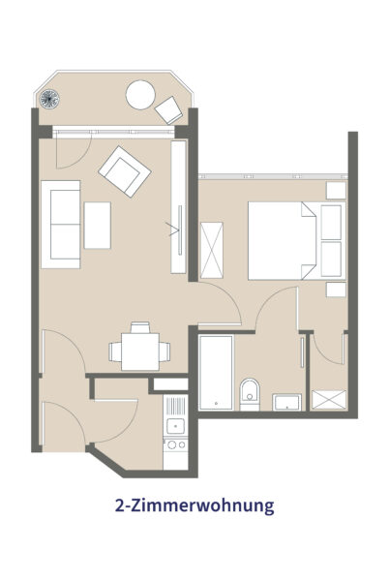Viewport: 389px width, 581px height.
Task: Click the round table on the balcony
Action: (x=140, y=95)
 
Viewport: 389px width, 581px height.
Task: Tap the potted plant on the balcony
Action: (x=49, y=99)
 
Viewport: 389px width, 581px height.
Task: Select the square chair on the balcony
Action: (x=168, y=110)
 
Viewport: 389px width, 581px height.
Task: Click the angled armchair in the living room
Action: (x=125, y=171)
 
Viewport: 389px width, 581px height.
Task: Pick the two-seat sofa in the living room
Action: (x=61, y=225)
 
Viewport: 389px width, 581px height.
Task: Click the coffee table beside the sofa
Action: (x=98, y=226)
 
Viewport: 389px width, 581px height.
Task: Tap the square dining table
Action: (x=140, y=352)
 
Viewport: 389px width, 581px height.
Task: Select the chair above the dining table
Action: (x=140, y=327)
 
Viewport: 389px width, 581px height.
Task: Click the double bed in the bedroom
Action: (x=297, y=240)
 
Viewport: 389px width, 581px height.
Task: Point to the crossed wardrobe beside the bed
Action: (x=211, y=250)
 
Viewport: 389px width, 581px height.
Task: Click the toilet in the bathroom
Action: (x=250, y=395)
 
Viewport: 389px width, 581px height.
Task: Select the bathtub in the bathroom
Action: (x=216, y=373)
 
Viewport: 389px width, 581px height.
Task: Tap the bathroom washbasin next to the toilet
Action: (x=286, y=403)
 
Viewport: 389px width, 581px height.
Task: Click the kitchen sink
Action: (x=175, y=426)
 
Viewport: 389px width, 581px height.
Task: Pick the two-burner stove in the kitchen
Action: (x=175, y=444)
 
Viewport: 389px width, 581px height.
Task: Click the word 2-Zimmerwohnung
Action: (x=194, y=505)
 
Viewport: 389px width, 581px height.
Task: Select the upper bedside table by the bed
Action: (x=336, y=190)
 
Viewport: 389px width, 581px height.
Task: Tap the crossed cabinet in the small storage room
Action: (x=329, y=400)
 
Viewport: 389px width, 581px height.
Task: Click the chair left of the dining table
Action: (x=115, y=352)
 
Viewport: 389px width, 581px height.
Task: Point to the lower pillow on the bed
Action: (x=331, y=259)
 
